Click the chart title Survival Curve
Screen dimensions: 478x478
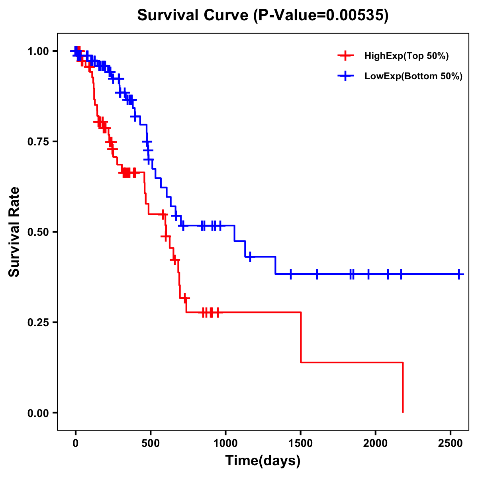[193, 16]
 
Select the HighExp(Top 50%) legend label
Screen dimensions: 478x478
[407, 56]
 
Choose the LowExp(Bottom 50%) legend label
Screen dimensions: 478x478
[413, 76]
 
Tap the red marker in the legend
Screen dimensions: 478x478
[345, 55]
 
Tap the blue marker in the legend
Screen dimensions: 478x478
[345, 76]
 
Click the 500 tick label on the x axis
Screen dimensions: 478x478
[151, 443]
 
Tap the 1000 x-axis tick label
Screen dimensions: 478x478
[225, 443]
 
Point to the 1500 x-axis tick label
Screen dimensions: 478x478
[301, 443]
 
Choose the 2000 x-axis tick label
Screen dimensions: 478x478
[376, 443]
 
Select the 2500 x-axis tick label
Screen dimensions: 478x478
[451, 443]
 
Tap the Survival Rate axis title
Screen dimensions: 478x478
[14, 232]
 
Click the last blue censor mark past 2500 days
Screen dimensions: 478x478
[459, 274]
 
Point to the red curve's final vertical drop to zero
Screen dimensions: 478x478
[403, 388]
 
